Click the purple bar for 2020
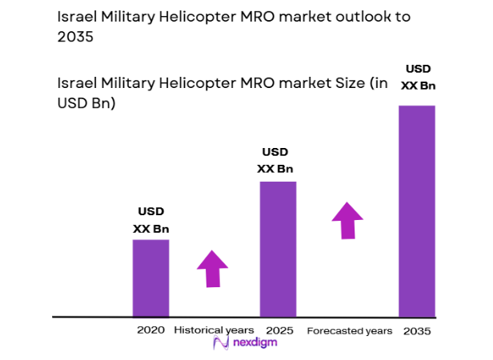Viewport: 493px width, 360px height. [150, 278]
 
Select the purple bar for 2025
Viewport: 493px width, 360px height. [278, 249]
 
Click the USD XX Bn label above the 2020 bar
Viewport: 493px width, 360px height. [150, 220]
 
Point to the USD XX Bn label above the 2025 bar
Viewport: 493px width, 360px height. [275, 160]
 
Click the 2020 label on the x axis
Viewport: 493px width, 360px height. [150, 330]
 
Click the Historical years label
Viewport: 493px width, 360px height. [214, 330]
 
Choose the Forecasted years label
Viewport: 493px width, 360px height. [350, 330]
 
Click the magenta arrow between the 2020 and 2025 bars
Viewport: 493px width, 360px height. [212, 268]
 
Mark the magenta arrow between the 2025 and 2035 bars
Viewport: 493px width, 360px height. [347, 219]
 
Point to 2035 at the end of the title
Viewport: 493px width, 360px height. [75, 38]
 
